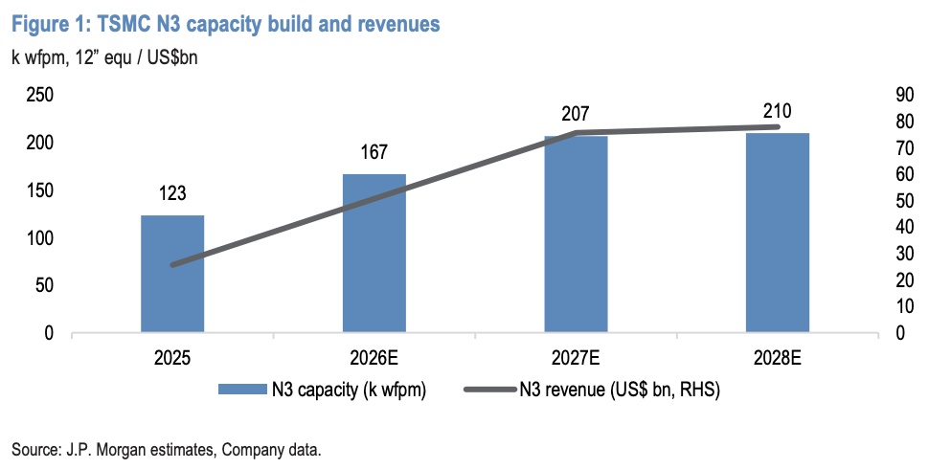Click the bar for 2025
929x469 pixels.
click(x=172, y=275)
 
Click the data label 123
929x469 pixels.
click(x=172, y=195)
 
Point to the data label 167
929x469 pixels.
click(x=374, y=153)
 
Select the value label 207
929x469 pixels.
click(x=576, y=114)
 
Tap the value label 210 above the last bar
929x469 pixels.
click(x=778, y=111)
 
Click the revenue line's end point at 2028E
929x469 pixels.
click(x=778, y=126)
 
